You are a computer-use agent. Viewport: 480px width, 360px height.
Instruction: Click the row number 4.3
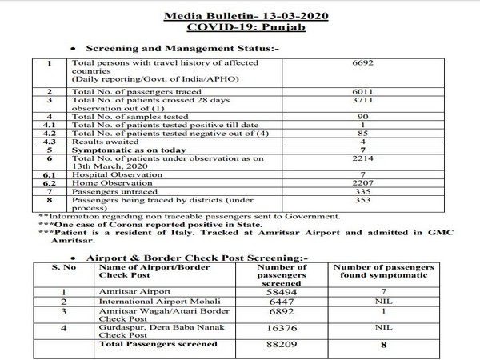pyautogui.click(x=50, y=142)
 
